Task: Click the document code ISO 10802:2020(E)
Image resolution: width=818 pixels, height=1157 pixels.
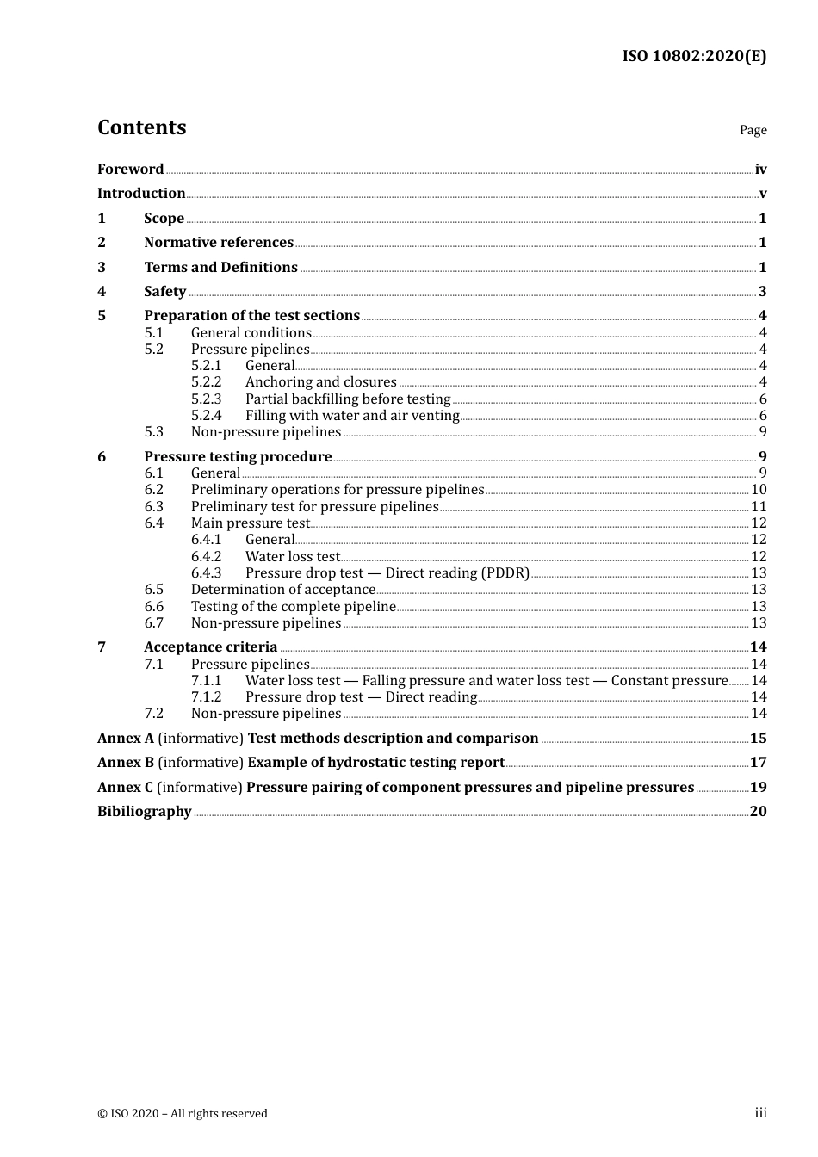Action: (x=694, y=56)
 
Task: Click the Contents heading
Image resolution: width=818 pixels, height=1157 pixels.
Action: (x=141, y=127)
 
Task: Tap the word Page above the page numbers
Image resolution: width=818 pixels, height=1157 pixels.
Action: (x=753, y=130)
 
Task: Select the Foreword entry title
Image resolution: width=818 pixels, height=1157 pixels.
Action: (x=130, y=169)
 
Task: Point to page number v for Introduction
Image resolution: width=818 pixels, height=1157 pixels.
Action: (x=762, y=194)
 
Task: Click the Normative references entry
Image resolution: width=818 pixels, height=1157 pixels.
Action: (x=219, y=243)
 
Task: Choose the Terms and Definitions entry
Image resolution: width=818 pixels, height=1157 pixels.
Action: (x=220, y=267)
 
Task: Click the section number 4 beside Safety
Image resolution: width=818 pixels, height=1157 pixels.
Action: (x=102, y=291)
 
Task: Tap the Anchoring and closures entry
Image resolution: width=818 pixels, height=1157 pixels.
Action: (x=320, y=382)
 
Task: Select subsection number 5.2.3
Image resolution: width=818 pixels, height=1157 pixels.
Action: (x=206, y=399)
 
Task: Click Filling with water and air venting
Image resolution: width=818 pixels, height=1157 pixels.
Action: (x=352, y=415)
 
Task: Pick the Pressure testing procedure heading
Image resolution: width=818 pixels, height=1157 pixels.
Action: (x=238, y=456)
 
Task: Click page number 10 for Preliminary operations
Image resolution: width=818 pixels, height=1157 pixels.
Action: (x=759, y=490)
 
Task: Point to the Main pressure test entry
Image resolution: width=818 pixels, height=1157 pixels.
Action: (x=250, y=523)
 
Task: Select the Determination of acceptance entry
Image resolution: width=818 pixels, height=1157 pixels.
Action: (x=283, y=590)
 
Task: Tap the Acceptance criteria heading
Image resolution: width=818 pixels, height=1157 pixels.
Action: (x=210, y=647)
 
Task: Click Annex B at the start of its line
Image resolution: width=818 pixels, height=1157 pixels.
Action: (x=126, y=762)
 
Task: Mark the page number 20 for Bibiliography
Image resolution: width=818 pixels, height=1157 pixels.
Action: (x=758, y=811)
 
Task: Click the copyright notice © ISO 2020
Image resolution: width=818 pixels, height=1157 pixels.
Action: (x=182, y=1113)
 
